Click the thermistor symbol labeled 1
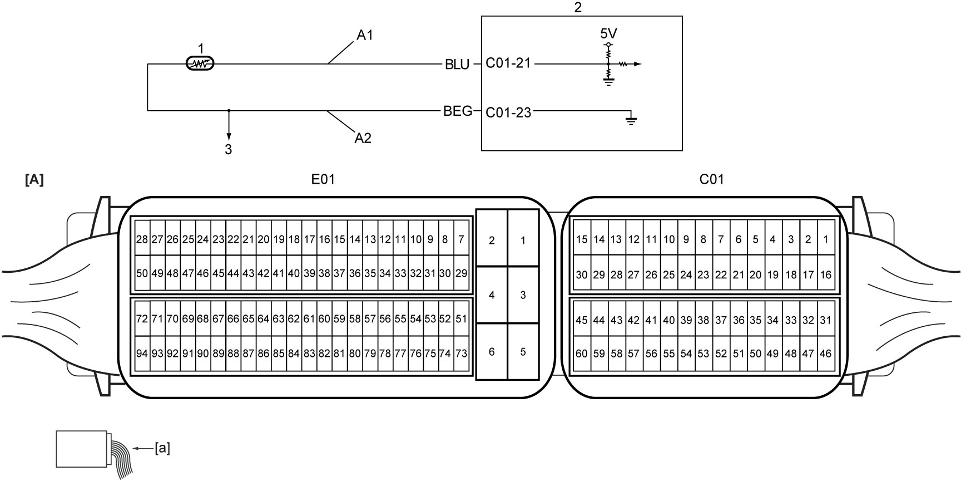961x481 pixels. (200, 64)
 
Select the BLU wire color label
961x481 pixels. (457, 65)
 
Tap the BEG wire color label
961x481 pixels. (458, 111)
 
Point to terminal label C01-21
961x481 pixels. (508, 63)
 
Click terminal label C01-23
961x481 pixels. (508, 112)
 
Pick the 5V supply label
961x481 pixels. (608, 34)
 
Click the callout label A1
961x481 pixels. (365, 35)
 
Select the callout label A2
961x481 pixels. (363, 138)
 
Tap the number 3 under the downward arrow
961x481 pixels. (229, 149)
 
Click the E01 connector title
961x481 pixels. (323, 179)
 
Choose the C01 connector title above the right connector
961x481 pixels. (711, 179)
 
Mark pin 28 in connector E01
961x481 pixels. (142, 239)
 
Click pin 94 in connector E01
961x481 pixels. (142, 354)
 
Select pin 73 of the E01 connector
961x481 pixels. (461, 354)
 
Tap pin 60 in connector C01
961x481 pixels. (581, 354)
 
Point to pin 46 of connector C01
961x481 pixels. (826, 354)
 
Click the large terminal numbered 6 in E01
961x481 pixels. (492, 352)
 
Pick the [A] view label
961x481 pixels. (34, 180)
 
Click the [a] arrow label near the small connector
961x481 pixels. (162, 448)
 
